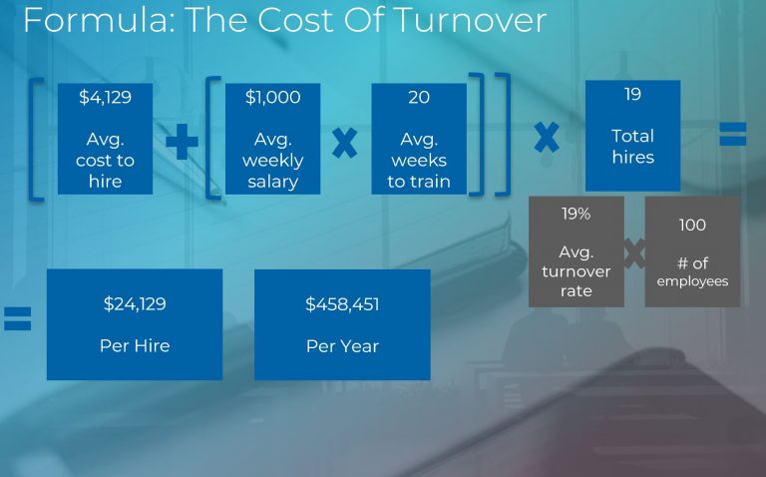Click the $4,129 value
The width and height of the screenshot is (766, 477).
tap(104, 98)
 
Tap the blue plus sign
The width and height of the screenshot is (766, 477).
tap(182, 143)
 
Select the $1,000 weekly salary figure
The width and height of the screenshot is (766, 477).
tap(272, 98)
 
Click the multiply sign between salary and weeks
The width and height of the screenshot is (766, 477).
tap(344, 143)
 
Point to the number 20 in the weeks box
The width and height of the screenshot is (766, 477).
tap(419, 98)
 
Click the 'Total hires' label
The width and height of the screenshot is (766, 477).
tap(632, 146)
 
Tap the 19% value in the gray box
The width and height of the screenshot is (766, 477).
tap(576, 213)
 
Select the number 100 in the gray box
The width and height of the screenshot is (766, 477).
tap(692, 226)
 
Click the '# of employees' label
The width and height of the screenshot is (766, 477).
tap(692, 272)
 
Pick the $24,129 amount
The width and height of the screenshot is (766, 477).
tap(135, 303)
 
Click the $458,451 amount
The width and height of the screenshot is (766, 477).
tap(342, 303)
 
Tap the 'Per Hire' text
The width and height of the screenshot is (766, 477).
tap(135, 346)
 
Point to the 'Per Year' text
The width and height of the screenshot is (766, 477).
tap(342, 346)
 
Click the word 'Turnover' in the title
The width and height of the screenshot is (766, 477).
tap(480, 21)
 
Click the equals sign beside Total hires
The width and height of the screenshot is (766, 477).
tap(733, 134)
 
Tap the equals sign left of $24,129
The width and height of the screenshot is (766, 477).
tap(18, 319)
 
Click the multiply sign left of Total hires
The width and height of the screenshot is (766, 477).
tap(547, 136)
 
